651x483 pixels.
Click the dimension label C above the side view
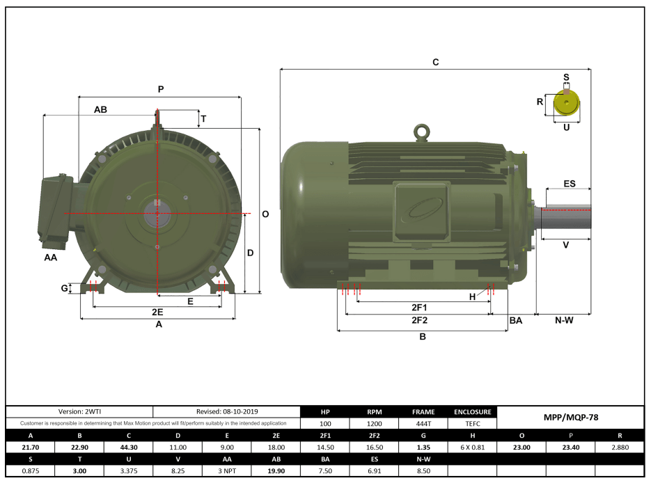tap(436, 62)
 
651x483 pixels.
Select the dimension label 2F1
tap(418, 307)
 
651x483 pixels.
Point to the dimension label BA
tap(516, 320)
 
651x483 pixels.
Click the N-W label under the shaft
tap(564, 320)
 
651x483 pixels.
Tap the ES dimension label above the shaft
tap(569, 184)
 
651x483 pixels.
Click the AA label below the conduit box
tap(50, 258)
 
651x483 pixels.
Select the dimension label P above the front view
tap(161, 89)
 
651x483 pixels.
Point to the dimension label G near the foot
tap(64, 287)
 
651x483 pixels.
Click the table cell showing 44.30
tap(129, 448)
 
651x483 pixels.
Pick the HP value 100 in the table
tap(325, 423)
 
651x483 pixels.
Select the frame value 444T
tap(424, 423)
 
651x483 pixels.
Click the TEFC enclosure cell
tap(473, 423)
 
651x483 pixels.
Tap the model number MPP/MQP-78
tap(570, 418)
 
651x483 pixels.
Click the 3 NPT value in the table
tap(227, 471)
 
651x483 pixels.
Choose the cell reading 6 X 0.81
tap(473, 448)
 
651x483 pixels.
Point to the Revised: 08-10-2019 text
tap(226, 412)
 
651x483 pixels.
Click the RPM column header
tap(375, 412)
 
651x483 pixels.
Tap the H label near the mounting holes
tap(473, 297)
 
